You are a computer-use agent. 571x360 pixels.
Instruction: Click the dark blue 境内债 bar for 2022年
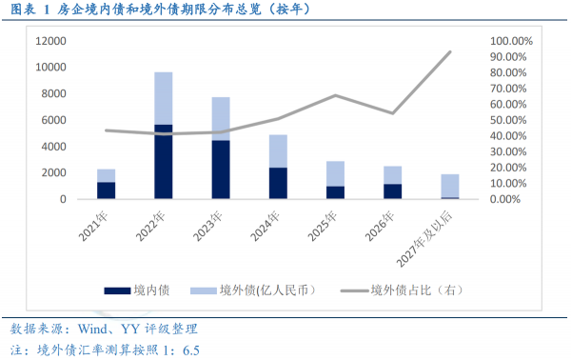click(x=163, y=162)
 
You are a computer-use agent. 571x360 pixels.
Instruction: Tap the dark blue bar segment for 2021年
click(x=106, y=190)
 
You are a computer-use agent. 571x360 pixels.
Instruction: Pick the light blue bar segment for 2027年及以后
click(x=449, y=186)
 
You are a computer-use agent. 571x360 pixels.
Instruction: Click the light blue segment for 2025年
click(x=335, y=173)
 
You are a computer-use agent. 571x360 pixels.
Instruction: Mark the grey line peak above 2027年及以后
click(x=449, y=52)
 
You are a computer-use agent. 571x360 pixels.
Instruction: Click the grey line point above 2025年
click(x=335, y=95)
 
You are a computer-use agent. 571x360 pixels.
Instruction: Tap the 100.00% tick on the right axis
click(x=511, y=42)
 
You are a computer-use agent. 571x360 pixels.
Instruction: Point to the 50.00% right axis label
click(x=511, y=121)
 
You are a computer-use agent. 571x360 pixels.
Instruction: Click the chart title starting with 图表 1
click(x=162, y=10)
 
